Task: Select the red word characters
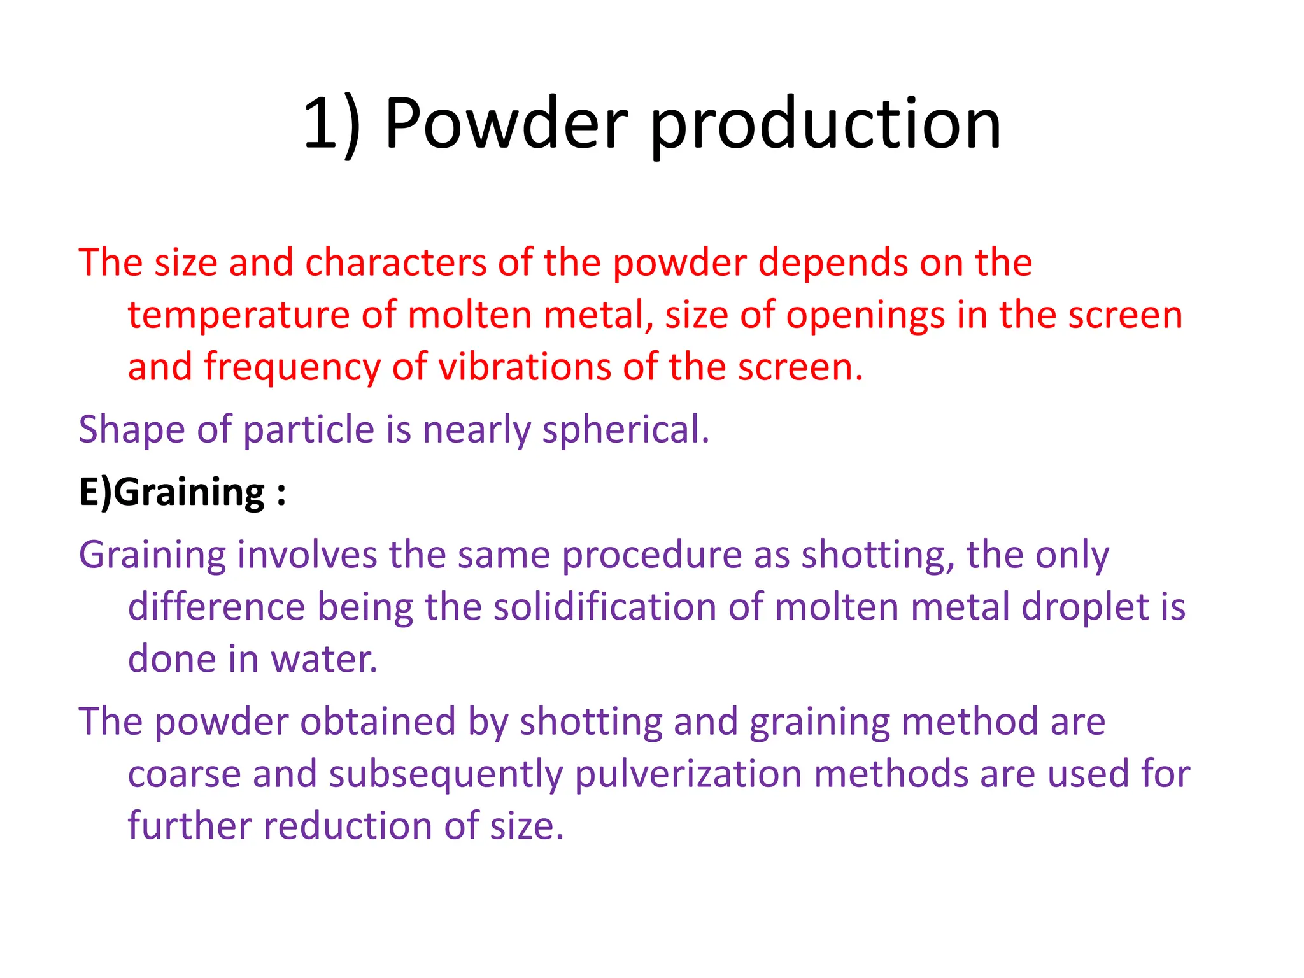pos(395,262)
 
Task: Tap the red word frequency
pos(292,369)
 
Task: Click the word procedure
pos(651,555)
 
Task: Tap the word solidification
pos(605,607)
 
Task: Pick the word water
pos(324,659)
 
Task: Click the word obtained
pos(378,722)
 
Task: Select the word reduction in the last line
pos(348,826)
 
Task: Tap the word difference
pos(216,607)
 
